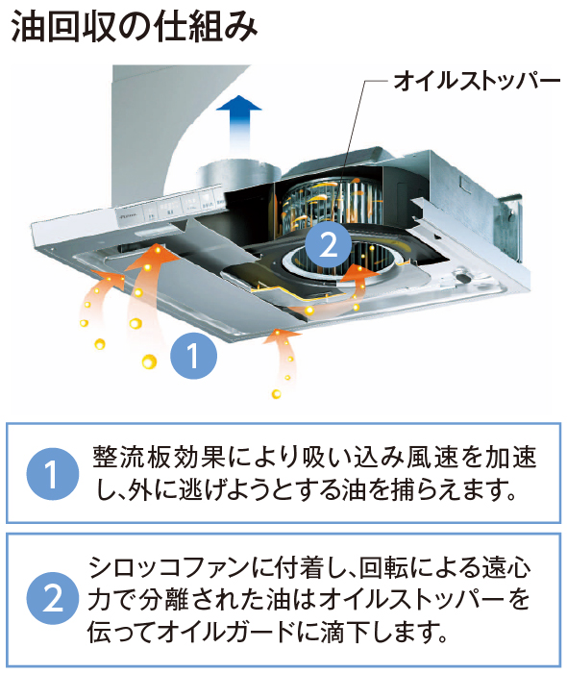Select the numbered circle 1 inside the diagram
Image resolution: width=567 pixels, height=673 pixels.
(x=193, y=358)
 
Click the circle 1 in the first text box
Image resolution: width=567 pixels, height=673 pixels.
(x=52, y=474)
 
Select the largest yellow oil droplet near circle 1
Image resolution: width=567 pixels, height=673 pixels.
(x=148, y=362)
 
